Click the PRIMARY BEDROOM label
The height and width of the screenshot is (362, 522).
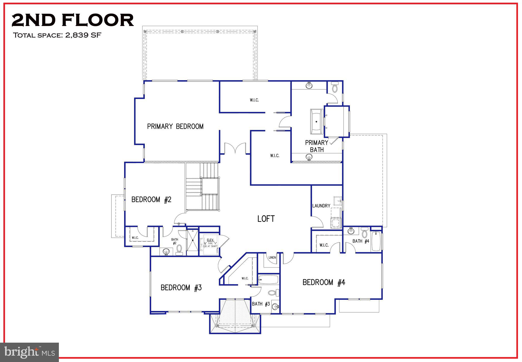tap(175, 126)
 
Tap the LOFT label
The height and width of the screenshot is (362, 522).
tap(266, 219)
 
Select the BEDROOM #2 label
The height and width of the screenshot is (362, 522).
tap(151, 199)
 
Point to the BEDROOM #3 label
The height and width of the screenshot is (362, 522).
tap(181, 288)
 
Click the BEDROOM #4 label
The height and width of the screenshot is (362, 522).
tap(324, 282)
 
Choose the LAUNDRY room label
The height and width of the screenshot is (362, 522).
tap(321, 206)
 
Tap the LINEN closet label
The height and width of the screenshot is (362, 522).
tap(272, 258)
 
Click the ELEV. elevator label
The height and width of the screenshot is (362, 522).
tap(210, 240)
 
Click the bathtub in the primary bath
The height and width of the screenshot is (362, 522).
tap(317, 122)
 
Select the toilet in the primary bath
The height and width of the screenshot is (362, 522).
tap(335, 88)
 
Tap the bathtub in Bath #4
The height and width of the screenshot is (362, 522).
tap(376, 241)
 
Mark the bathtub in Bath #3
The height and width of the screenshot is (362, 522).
tap(268, 279)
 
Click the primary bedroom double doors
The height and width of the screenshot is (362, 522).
tap(235, 149)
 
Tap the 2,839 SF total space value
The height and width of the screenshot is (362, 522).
tap(83, 35)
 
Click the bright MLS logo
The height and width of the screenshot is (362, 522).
tap(30, 352)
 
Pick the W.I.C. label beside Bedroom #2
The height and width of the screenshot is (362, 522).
tap(135, 238)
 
